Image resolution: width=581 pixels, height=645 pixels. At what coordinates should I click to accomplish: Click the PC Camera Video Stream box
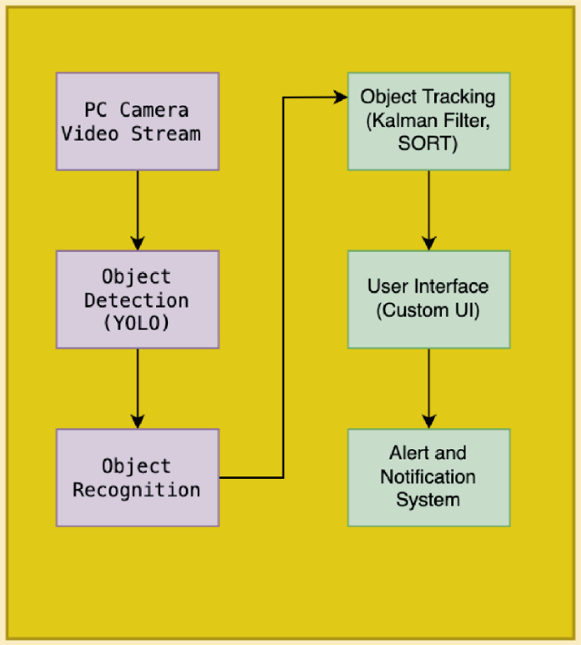(x=137, y=121)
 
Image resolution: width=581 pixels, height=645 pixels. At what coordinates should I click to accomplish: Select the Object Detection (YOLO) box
(x=137, y=299)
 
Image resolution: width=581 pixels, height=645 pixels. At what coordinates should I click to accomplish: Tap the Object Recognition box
(x=137, y=477)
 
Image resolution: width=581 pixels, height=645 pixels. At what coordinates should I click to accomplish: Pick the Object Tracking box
(x=428, y=121)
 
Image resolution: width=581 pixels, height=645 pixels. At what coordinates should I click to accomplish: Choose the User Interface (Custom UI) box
(x=428, y=299)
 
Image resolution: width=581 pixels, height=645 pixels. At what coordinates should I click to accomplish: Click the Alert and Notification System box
(x=428, y=477)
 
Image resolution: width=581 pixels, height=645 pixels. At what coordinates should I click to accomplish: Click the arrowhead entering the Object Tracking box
(x=341, y=97)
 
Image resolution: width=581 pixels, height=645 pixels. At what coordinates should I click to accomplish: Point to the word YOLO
(x=137, y=323)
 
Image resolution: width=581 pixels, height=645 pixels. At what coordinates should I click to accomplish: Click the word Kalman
(x=396, y=121)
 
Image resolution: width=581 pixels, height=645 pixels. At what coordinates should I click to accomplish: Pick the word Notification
(x=427, y=477)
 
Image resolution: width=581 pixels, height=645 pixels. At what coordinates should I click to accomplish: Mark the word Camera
(x=154, y=110)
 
